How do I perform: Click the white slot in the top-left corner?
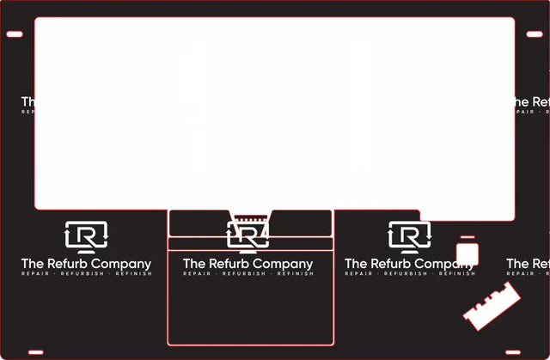tap(15, 34)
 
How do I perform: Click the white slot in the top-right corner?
tap(535, 34)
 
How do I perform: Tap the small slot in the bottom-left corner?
tap(35, 352)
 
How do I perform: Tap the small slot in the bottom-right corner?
tap(513, 352)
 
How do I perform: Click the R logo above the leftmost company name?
tap(86, 235)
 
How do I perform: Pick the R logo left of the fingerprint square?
tap(410, 235)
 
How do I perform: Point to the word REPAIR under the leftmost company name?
tap(35, 274)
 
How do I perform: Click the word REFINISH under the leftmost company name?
tap(133, 274)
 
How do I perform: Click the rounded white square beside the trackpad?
tap(467, 254)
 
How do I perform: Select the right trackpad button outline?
tap(301, 223)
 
